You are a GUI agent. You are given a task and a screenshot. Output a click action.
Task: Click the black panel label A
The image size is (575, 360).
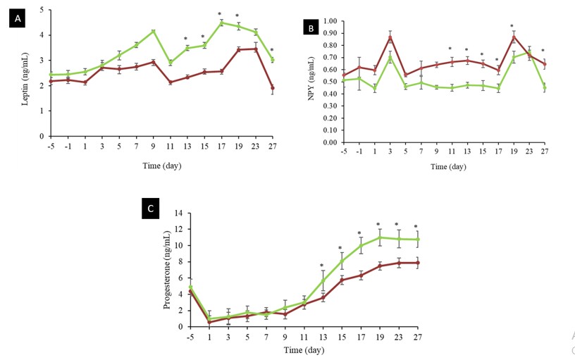click(x=18, y=18)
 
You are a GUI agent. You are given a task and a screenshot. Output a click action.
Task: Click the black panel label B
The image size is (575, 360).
click(x=311, y=28)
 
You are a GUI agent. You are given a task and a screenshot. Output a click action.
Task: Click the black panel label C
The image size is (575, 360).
click(x=150, y=209)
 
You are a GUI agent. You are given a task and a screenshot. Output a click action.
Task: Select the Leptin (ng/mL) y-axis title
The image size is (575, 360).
click(x=25, y=79)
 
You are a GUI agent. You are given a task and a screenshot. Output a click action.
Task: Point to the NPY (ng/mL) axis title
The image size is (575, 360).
click(x=311, y=78)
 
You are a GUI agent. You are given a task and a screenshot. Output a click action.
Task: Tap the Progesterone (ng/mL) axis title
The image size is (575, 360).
click(x=167, y=270)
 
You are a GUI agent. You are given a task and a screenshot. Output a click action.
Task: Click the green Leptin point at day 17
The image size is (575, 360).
click(x=221, y=23)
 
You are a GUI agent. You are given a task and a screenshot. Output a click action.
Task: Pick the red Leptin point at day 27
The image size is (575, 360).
click(x=272, y=88)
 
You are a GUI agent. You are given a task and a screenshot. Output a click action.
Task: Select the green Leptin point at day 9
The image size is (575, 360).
click(x=154, y=31)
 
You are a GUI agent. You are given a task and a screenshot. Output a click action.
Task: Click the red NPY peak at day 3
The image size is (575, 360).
click(x=390, y=37)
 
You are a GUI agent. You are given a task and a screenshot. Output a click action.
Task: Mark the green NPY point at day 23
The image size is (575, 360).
click(x=529, y=52)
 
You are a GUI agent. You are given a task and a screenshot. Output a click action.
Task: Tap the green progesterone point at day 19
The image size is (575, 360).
click(x=380, y=237)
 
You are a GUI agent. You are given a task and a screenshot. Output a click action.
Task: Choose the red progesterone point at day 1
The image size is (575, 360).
click(x=209, y=322)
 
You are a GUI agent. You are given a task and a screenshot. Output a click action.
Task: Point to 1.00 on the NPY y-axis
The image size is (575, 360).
click(x=330, y=21)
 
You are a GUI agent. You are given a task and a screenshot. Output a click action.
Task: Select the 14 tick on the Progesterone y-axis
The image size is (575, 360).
click(x=182, y=213)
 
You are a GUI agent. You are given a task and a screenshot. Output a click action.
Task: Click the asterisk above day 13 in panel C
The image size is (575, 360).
click(x=321, y=266)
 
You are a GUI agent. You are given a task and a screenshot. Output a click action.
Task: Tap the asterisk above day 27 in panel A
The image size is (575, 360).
click(x=272, y=50)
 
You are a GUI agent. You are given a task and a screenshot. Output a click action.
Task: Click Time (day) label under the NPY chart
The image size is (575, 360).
click(x=448, y=167)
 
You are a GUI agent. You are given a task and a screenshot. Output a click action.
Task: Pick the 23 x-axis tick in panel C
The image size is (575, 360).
click(x=399, y=337)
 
